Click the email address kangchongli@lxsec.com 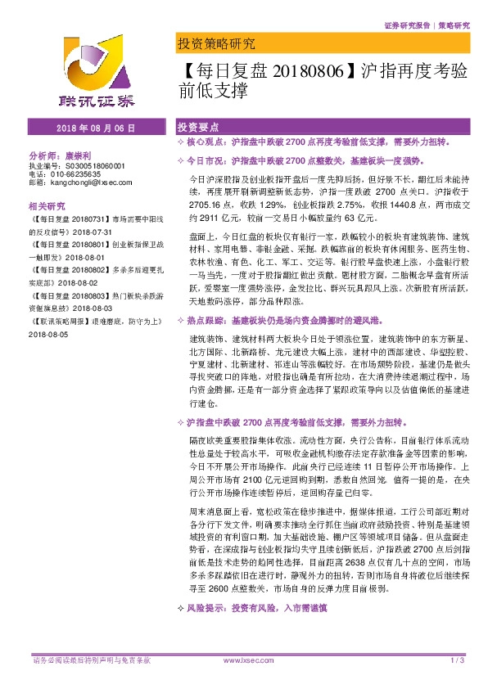[79, 182]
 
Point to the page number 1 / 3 [458, 660]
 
